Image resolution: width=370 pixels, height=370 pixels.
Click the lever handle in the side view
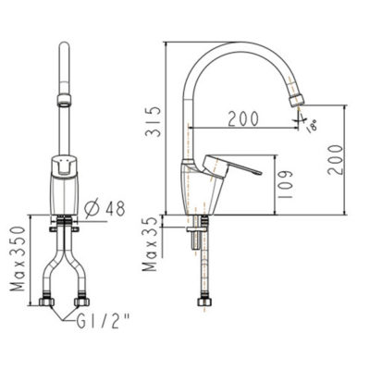[242, 171]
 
